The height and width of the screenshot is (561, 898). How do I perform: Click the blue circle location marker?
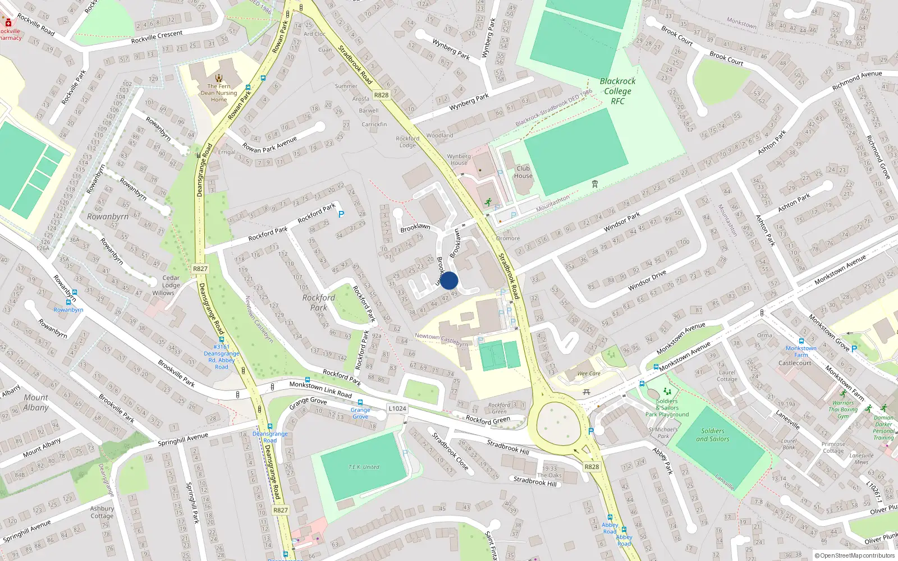tap(449, 280)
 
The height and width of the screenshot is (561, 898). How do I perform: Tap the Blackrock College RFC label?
tap(617, 91)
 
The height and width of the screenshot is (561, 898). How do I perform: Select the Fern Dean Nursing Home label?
tap(219, 93)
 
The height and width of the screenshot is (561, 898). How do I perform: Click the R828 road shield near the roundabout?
tap(592, 467)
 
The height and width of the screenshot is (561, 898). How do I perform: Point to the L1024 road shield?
tap(397, 408)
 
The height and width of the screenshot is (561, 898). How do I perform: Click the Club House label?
tap(523, 172)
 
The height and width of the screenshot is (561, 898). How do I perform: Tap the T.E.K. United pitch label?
tap(364, 467)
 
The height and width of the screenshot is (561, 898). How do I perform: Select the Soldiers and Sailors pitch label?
tap(713, 435)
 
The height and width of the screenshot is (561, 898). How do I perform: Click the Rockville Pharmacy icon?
tap(8, 23)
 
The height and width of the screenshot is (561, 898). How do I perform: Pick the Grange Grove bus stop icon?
tap(360, 403)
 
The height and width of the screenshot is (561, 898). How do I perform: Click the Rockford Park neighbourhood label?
tap(318, 302)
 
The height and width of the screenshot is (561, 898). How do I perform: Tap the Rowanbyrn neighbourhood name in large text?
tap(108, 217)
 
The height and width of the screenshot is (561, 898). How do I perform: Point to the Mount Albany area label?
tap(36, 402)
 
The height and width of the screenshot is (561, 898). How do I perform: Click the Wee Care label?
tap(589, 374)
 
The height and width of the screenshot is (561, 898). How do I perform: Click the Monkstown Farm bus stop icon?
tap(801, 341)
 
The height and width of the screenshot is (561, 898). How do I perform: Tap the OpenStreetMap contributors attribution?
tap(854, 555)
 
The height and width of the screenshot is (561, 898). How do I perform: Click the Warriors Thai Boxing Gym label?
tap(843, 409)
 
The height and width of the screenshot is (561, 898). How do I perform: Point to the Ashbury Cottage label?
tap(102, 512)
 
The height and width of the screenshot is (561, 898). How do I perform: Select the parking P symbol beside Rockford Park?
tap(341, 214)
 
